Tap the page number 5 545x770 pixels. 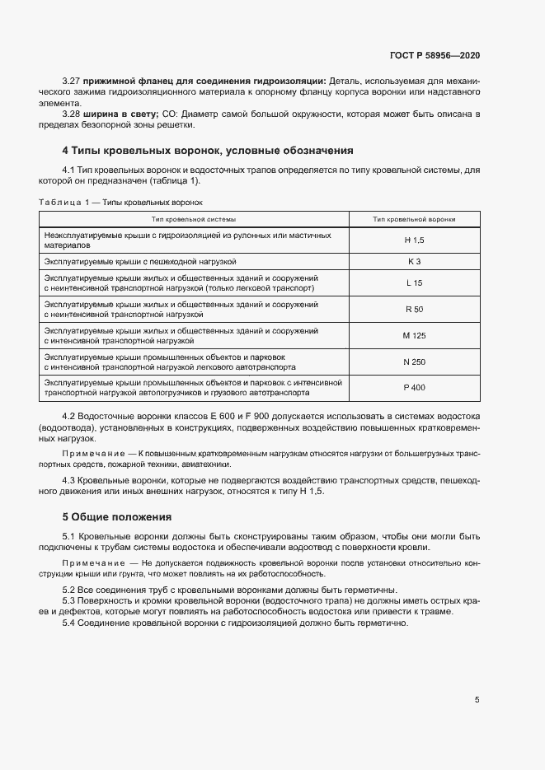[477, 700]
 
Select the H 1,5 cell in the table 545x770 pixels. [414, 240]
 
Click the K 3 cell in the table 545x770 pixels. [414, 261]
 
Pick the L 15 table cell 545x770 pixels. [414, 283]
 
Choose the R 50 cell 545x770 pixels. [414, 310]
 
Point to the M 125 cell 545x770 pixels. [414, 335]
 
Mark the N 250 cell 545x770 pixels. [414, 362]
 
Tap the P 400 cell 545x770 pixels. [414, 387]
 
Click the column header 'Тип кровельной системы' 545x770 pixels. [194, 219]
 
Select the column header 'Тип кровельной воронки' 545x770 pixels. [414, 219]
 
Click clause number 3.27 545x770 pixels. [73, 82]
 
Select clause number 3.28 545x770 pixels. [73, 113]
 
